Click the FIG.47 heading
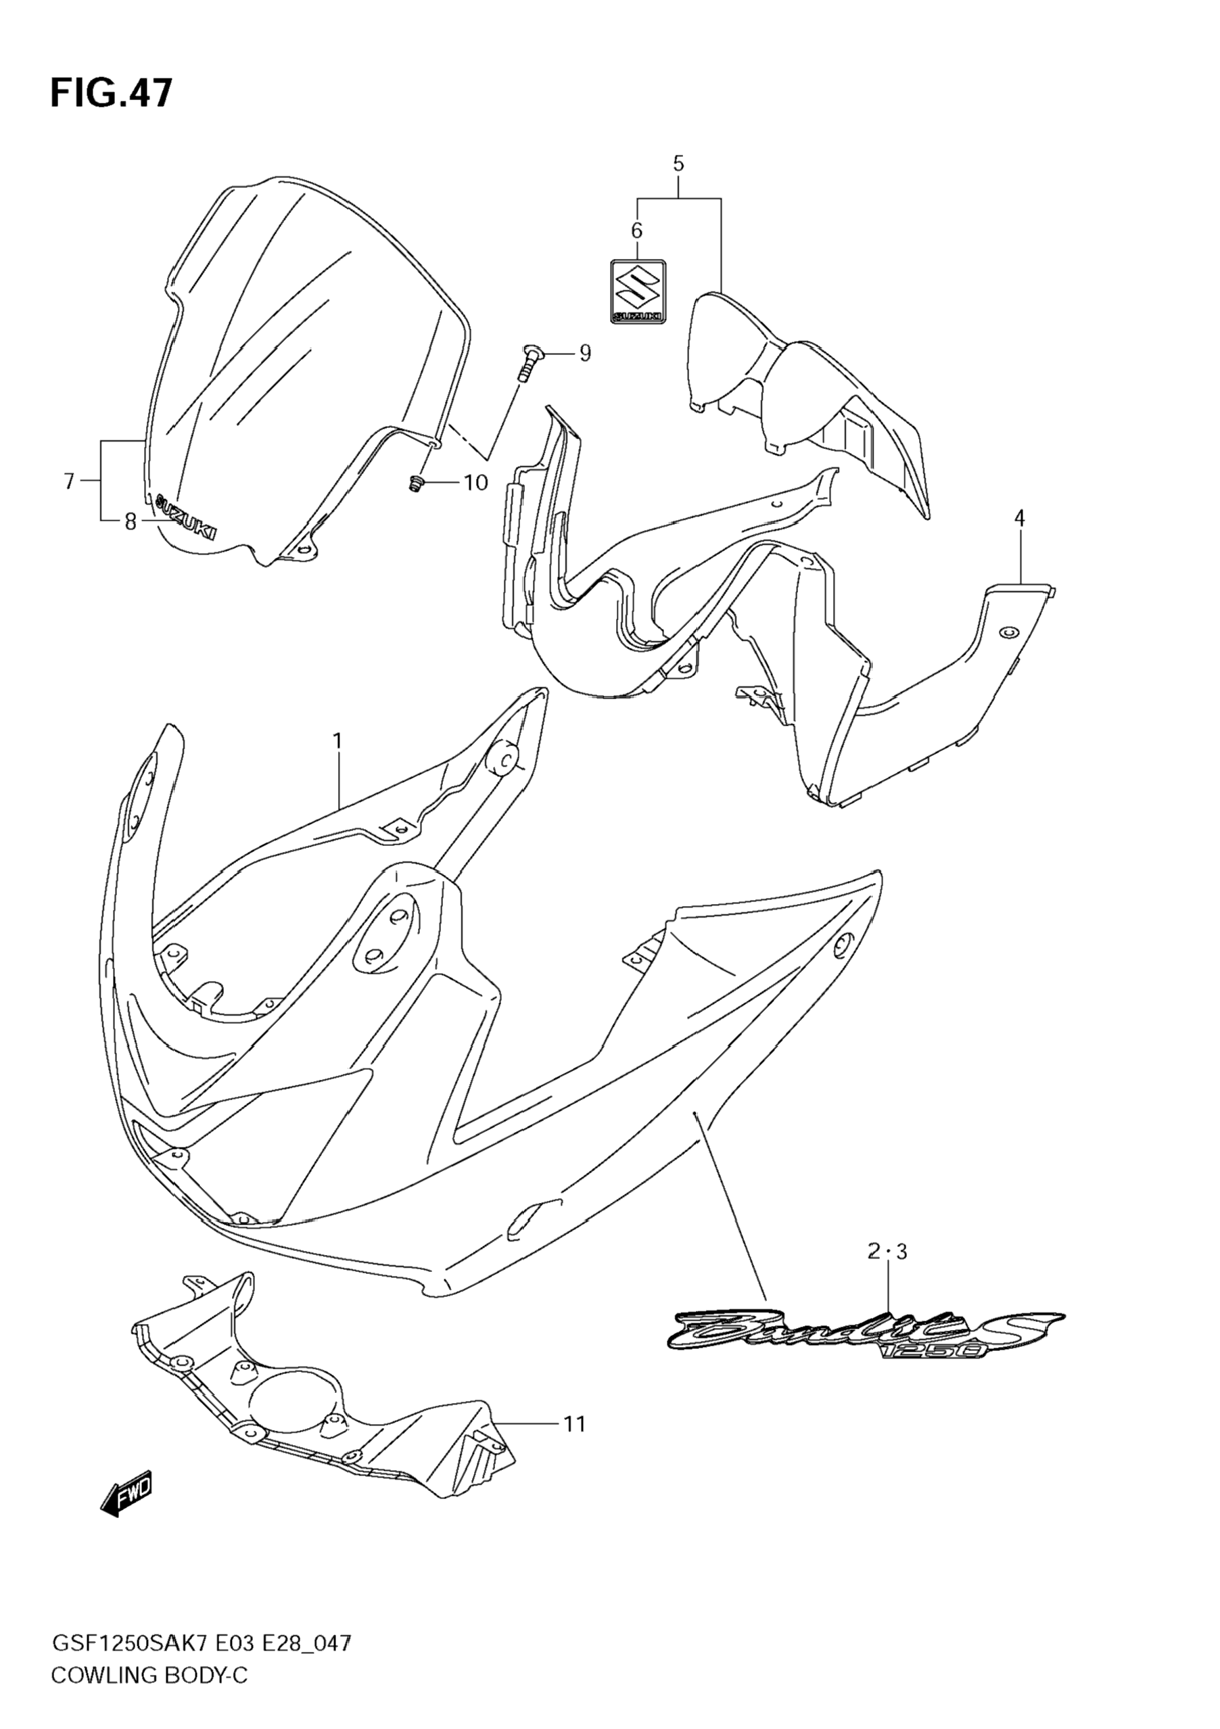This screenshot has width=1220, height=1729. point(112,94)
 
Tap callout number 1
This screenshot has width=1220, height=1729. point(337,742)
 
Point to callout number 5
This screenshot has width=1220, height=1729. point(678,164)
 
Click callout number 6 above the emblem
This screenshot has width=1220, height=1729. point(636,231)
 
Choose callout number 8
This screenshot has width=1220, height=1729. point(131,522)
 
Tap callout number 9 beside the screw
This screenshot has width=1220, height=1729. point(584,352)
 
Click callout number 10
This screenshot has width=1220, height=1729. point(476,482)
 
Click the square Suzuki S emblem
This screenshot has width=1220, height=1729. point(637,291)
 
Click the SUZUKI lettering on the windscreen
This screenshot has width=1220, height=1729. point(185,517)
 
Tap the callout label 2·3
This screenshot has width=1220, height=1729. point(887,1252)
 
